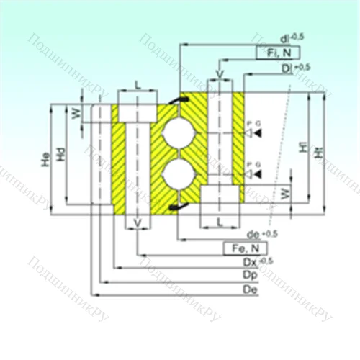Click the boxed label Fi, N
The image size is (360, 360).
pos(274,52)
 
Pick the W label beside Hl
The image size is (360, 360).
pos(285,193)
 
